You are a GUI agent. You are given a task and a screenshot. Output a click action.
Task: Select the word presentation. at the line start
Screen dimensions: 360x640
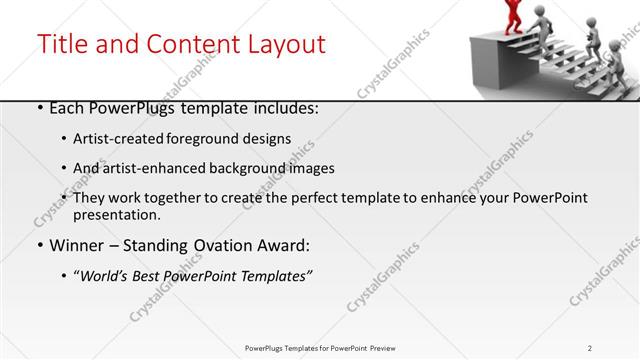tap(116, 215)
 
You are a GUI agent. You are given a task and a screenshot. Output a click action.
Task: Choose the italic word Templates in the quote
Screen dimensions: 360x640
tap(275, 275)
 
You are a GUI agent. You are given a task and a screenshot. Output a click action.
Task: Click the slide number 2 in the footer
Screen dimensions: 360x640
tap(590, 348)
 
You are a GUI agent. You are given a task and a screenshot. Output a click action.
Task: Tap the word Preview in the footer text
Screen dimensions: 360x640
tap(389, 348)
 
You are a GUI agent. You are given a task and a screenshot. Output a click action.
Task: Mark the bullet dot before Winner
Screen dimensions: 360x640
tap(38, 245)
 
